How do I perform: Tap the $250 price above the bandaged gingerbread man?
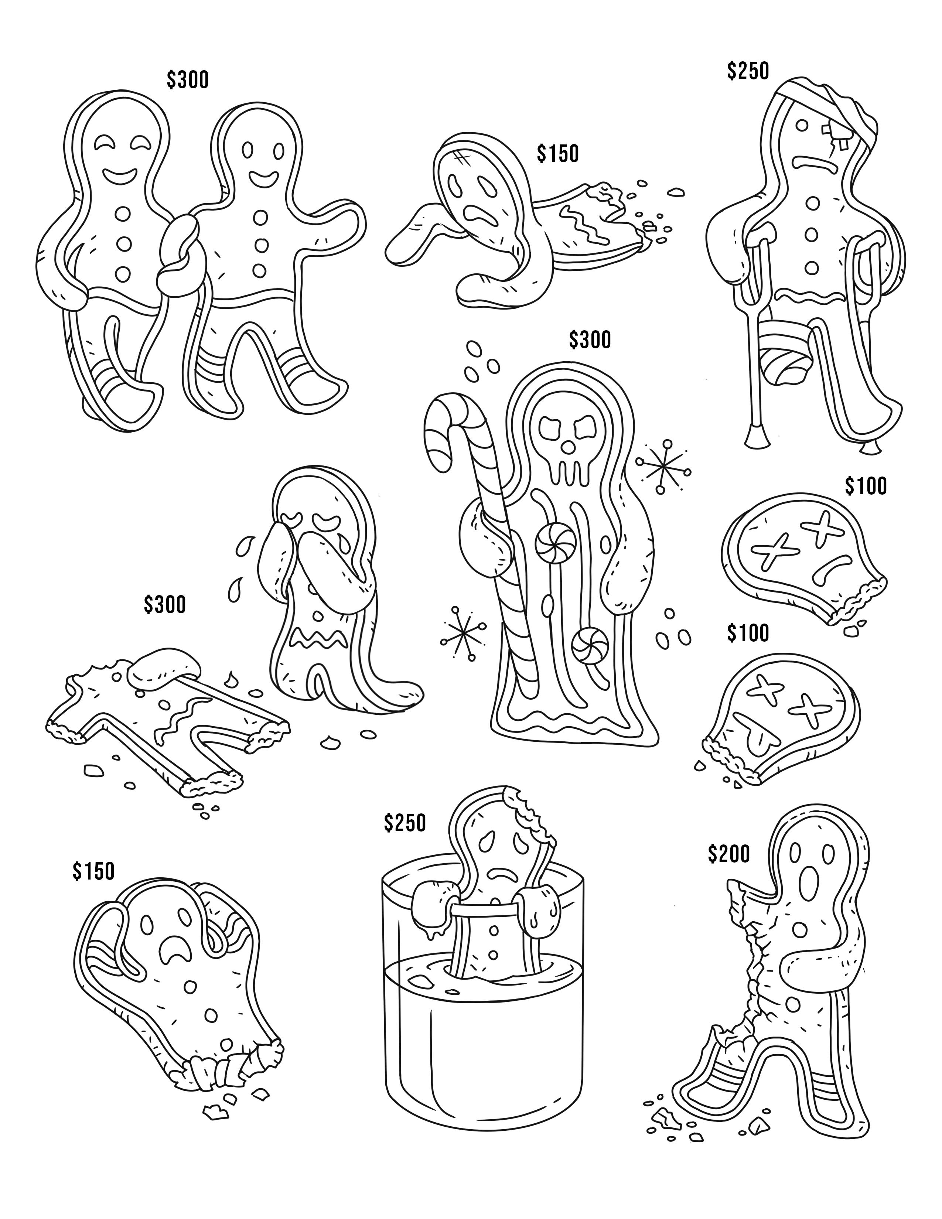pyautogui.click(x=748, y=71)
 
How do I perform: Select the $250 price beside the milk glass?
pyautogui.click(x=405, y=822)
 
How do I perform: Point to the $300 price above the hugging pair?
pyautogui.click(x=188, y=80)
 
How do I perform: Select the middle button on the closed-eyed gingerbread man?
pyautogui.click(x=123, y=243)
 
